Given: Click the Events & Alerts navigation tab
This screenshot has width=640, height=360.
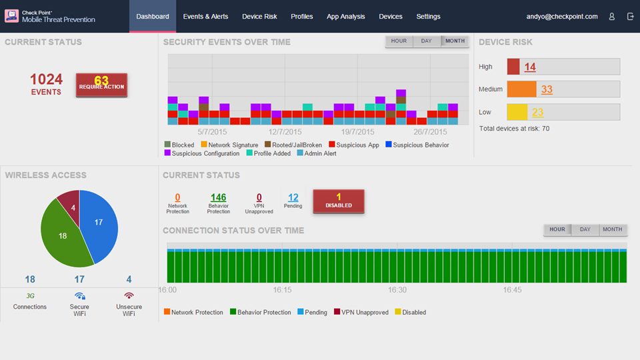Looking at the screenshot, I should pyautogui.click(x=205, y=17).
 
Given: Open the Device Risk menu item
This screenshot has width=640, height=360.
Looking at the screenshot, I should pyautogui.click(x=259, y=17).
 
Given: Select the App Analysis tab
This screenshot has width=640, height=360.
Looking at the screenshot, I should pyautogui.click(x=345, y=17).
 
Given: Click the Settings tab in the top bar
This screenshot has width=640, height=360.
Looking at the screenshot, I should pyautogui.click(x=428, y=17).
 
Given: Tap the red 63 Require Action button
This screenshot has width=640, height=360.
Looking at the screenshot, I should pyautogui.click(x=101, y=85).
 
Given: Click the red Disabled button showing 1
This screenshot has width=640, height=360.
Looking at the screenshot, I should pyautogui.click(x=339, y=201).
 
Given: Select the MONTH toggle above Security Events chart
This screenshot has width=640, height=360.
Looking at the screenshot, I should pyautogui.click(x=455, y=41).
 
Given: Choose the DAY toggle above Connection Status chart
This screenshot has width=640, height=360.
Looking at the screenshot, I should pyautogui.click(x=585, y=229).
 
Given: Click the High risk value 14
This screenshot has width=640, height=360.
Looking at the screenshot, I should pyautogui.click(x=530, y=67).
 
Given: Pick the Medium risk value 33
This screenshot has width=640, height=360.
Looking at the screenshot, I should pyautogui.click(x=547, y=89).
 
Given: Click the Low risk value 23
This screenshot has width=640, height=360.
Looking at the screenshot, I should pyautogui.click(x=538, y=112).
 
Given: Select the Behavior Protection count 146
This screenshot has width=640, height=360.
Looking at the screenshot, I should pyautogui.click(x=218, y=197).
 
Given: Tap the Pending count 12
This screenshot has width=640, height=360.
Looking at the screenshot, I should pyautogui.click(x=293, y=197).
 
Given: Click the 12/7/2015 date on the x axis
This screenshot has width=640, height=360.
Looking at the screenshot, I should pyautogui.click(x=285, y=132).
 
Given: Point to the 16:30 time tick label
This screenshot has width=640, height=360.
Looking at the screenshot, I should pyautogui.click(x=397, y=290).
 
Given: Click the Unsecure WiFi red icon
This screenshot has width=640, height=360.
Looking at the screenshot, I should pyautogui.click(x=129, y=295).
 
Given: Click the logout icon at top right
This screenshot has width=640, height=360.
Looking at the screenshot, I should pyautogui.click(x=630, y=17).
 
